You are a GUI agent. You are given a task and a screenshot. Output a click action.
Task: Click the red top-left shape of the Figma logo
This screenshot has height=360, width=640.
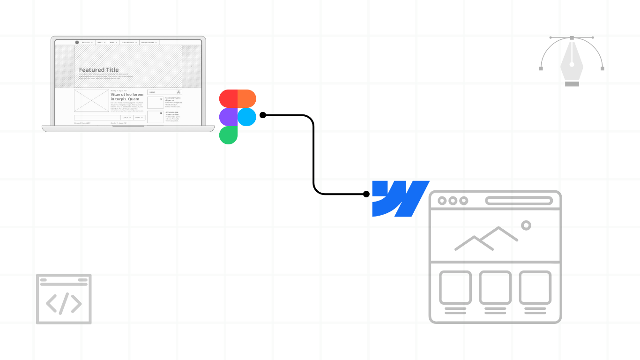(x=229, y=98)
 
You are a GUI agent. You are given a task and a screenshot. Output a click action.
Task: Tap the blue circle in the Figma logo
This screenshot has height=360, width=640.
(x=247, y=117)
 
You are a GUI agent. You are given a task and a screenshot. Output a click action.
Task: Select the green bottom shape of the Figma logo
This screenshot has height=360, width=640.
(x=228, y=135)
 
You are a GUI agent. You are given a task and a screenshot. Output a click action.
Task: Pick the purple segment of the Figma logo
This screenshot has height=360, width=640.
(x=228, y=117)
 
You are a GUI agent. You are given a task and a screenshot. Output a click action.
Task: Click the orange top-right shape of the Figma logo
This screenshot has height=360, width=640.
(x=247, y=98)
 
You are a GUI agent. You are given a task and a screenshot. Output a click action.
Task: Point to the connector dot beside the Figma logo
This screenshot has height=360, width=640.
(x=263, y=115)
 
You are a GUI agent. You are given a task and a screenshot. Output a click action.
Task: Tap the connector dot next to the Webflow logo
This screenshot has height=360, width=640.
(x=366, y=194)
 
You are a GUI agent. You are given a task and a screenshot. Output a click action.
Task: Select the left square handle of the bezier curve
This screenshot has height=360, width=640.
(x=541, y=68)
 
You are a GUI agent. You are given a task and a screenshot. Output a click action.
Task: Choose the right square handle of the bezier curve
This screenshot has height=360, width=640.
(x=602, y=68)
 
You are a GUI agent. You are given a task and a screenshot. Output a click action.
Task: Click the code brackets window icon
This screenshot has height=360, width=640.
(x=64, y=299)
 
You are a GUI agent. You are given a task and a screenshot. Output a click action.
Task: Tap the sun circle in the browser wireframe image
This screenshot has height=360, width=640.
(x=526, y=225)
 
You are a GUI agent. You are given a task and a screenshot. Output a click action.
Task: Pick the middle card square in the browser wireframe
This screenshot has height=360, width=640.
(x=495, y=287)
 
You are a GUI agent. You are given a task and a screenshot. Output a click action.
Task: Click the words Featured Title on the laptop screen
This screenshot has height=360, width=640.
(x=99, y=70)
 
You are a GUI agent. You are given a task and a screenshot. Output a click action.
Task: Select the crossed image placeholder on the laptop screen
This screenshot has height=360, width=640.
(x=91, y=101)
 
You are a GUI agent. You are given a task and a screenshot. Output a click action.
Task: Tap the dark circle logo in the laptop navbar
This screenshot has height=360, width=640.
(x=77, y=42)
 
